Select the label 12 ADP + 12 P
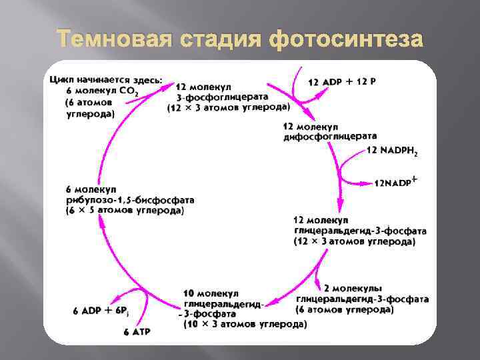[342, 81]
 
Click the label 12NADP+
[396, 181]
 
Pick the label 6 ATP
[138, 331]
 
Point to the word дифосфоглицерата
[329, 136]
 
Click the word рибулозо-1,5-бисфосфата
[130, 200]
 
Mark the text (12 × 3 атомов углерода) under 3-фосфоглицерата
[228, 107]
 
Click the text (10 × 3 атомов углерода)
[245, 324]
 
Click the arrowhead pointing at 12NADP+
[368, 182]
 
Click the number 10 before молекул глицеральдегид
[189, 293]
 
